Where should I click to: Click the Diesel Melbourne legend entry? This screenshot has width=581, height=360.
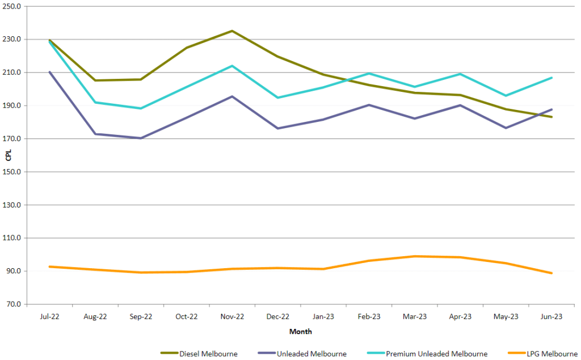click(x=199, y=354)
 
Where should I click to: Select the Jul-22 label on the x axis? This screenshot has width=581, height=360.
click(x=50, y=316)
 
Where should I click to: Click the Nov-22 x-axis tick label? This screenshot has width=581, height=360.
click(x=231, y=316)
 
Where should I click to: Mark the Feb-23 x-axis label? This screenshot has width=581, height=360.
click(x=369, y=316)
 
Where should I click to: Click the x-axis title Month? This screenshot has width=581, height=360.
click(x=300, y=331)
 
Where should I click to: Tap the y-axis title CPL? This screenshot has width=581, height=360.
click(x=7, y=155)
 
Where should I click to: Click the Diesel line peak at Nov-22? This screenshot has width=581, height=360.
click(x=231, y=31)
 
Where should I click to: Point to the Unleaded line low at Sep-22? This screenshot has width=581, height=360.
click(x=140, y=138)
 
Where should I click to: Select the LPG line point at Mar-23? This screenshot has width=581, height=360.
click(x=415, y=256)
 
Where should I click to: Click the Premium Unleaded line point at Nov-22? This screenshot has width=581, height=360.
click(x=231, y=66)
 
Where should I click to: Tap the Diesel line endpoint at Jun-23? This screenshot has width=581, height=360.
click(x=551, y=117)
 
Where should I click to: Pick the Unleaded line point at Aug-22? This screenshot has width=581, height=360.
click(x=95, y=134)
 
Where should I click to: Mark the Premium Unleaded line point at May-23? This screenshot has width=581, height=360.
click(x=506, y=95)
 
